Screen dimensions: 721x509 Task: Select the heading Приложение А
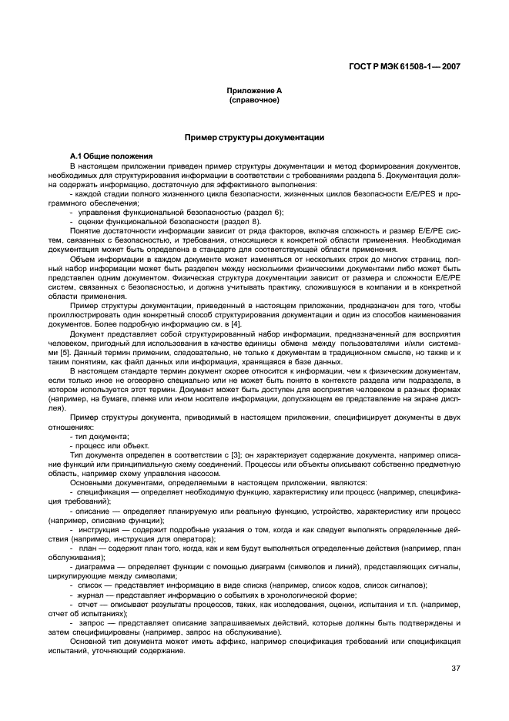pos(253,91)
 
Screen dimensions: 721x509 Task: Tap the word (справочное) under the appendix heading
pos(253,99)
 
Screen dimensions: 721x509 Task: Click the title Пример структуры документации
pos(254,137)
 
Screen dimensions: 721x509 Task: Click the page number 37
pos(455,668)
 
